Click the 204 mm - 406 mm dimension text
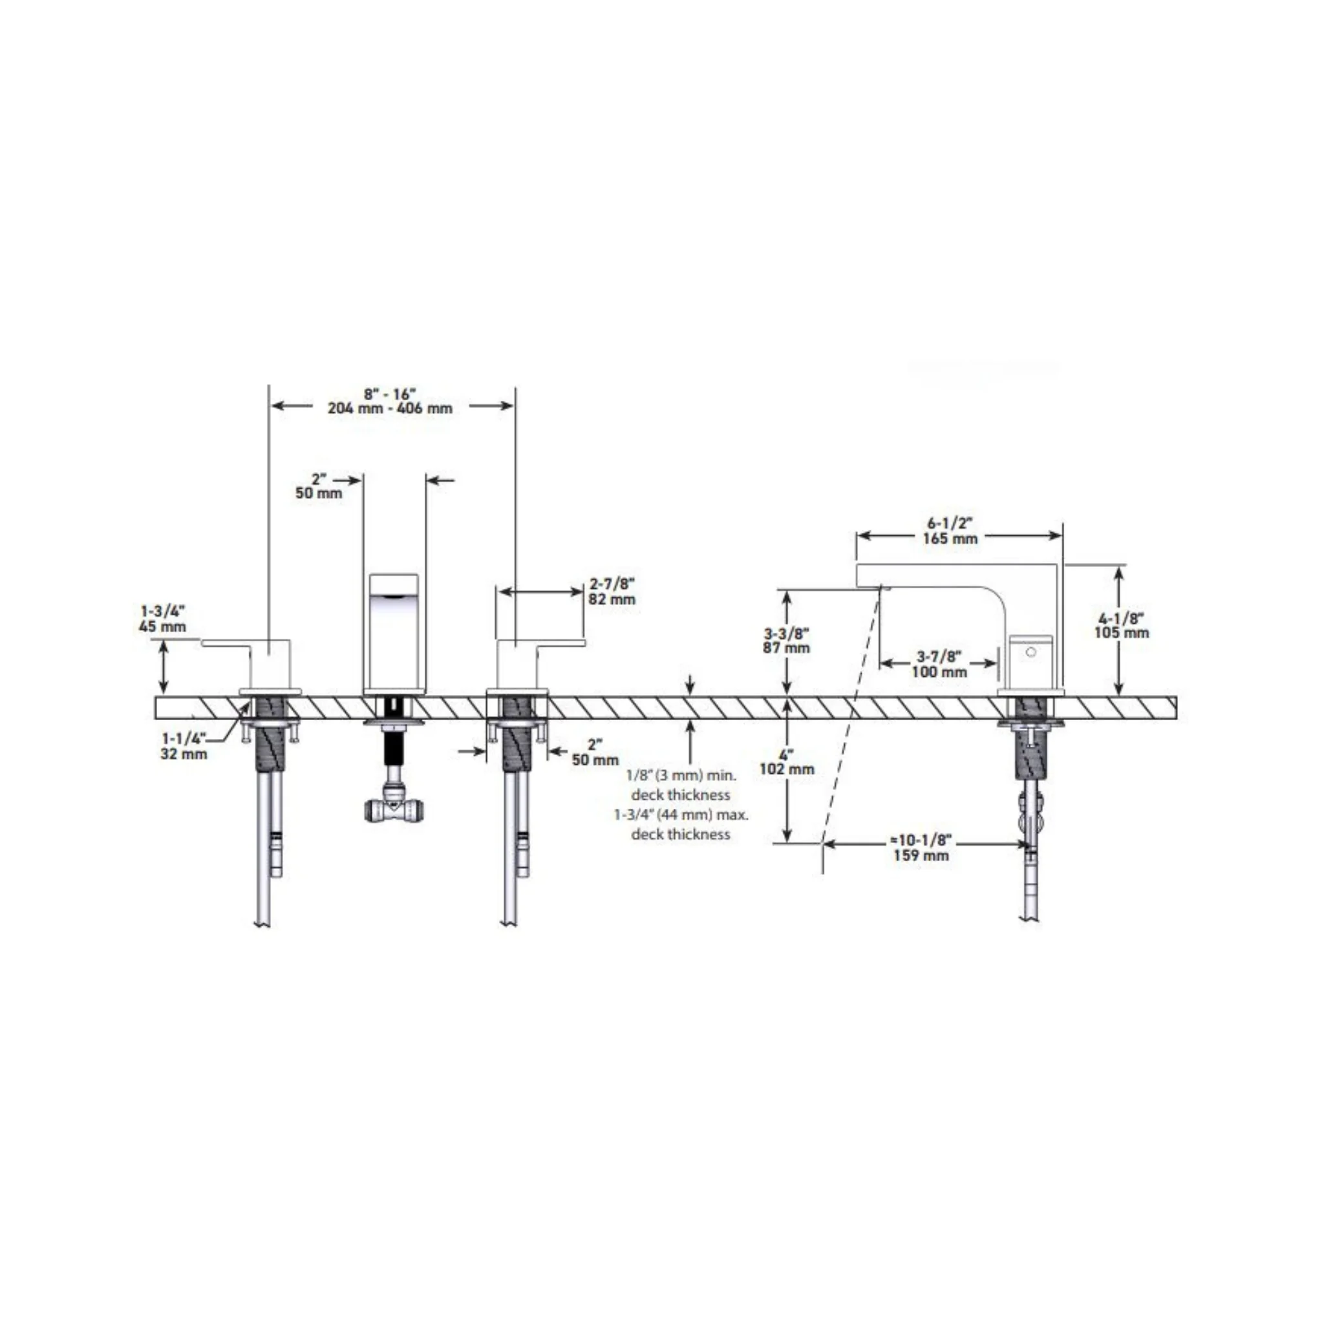[x=390, y=409]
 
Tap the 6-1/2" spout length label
[x=950, y=524]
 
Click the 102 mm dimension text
[x=787, y=769]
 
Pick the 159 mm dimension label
[x=921, y=855]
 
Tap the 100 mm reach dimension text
[x=939, y=672]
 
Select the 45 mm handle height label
[x=162, y=626]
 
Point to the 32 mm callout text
[x=184, y=754]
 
